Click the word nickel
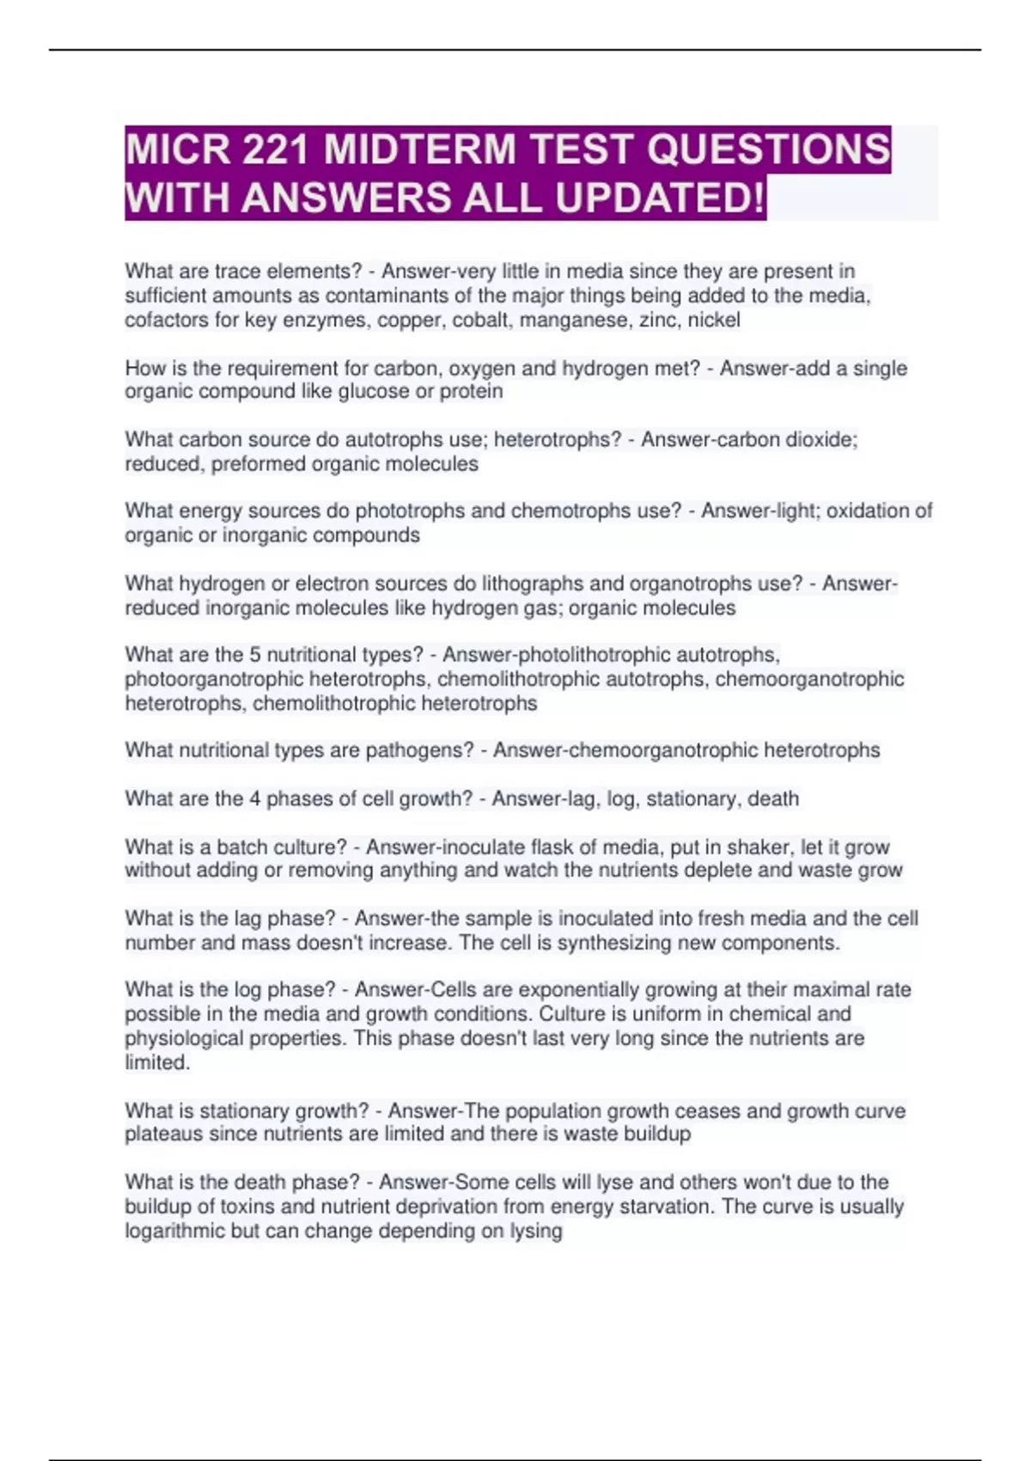(x=713, y=321)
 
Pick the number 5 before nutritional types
(x=254, y=655)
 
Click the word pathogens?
(x=419, y=750)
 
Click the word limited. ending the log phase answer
(x=157, y=1062)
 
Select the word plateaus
(x=164, y=1134)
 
